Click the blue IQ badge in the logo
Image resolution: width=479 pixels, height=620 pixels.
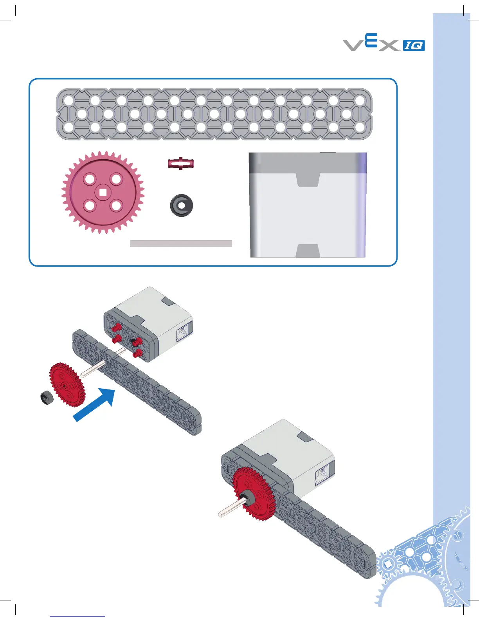click(414, 45)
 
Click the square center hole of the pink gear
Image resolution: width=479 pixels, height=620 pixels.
click(103, 192)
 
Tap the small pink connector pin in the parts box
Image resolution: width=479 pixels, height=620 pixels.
click(180, 163)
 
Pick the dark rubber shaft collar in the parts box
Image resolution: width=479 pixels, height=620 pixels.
click(181, 205)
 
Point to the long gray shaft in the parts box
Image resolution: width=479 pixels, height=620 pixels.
click(181, 243)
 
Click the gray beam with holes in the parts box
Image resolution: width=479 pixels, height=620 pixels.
click(214, 114)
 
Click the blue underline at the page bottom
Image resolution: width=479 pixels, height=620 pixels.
click(77, 616)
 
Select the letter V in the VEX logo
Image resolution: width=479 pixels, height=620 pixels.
click(353, 45)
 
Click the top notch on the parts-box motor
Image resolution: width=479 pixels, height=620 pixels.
click(308, 180)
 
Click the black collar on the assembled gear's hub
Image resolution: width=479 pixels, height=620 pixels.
click(247, 499)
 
